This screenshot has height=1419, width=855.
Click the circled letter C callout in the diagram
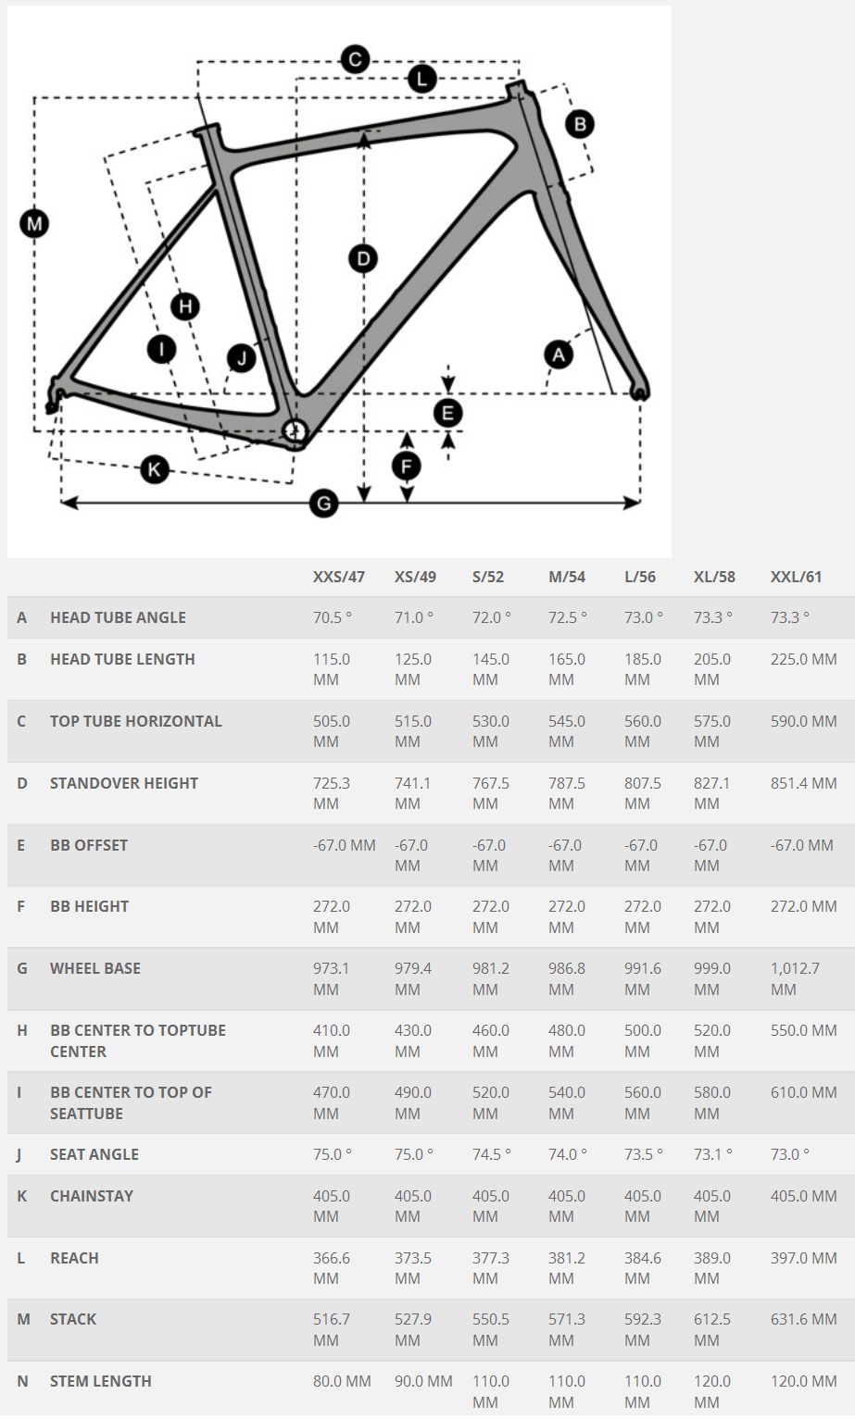click(355, 59)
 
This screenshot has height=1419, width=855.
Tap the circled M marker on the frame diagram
click(34, 224)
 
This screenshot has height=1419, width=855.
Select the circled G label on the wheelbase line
click(324, 504)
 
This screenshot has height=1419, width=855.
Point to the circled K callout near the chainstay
click(154, 469)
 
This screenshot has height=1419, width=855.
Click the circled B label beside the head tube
click(579, 124)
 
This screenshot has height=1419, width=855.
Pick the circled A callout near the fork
click(559, 355)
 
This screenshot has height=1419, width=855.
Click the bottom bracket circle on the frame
click(294, 431)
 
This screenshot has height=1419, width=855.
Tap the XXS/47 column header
click(338, 577)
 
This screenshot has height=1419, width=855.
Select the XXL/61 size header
click(796, 577)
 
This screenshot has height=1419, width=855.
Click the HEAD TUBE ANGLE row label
click(118, 617)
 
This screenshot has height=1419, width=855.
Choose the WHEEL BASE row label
click(95, 968)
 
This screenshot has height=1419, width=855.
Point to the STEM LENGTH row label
click(101, 1382)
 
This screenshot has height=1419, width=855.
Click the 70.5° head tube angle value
click(333, 617)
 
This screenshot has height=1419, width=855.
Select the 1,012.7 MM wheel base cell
click(795, 978)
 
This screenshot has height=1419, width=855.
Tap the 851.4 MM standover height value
click(804, 784)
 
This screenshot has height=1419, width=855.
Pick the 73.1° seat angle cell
click(713, 1155)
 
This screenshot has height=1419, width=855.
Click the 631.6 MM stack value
click(804, 1320)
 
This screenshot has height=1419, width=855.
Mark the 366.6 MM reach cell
click(332, 1268)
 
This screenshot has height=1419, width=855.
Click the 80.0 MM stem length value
click(342, 1382)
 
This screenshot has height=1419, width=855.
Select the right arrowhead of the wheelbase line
click(633, 503)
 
